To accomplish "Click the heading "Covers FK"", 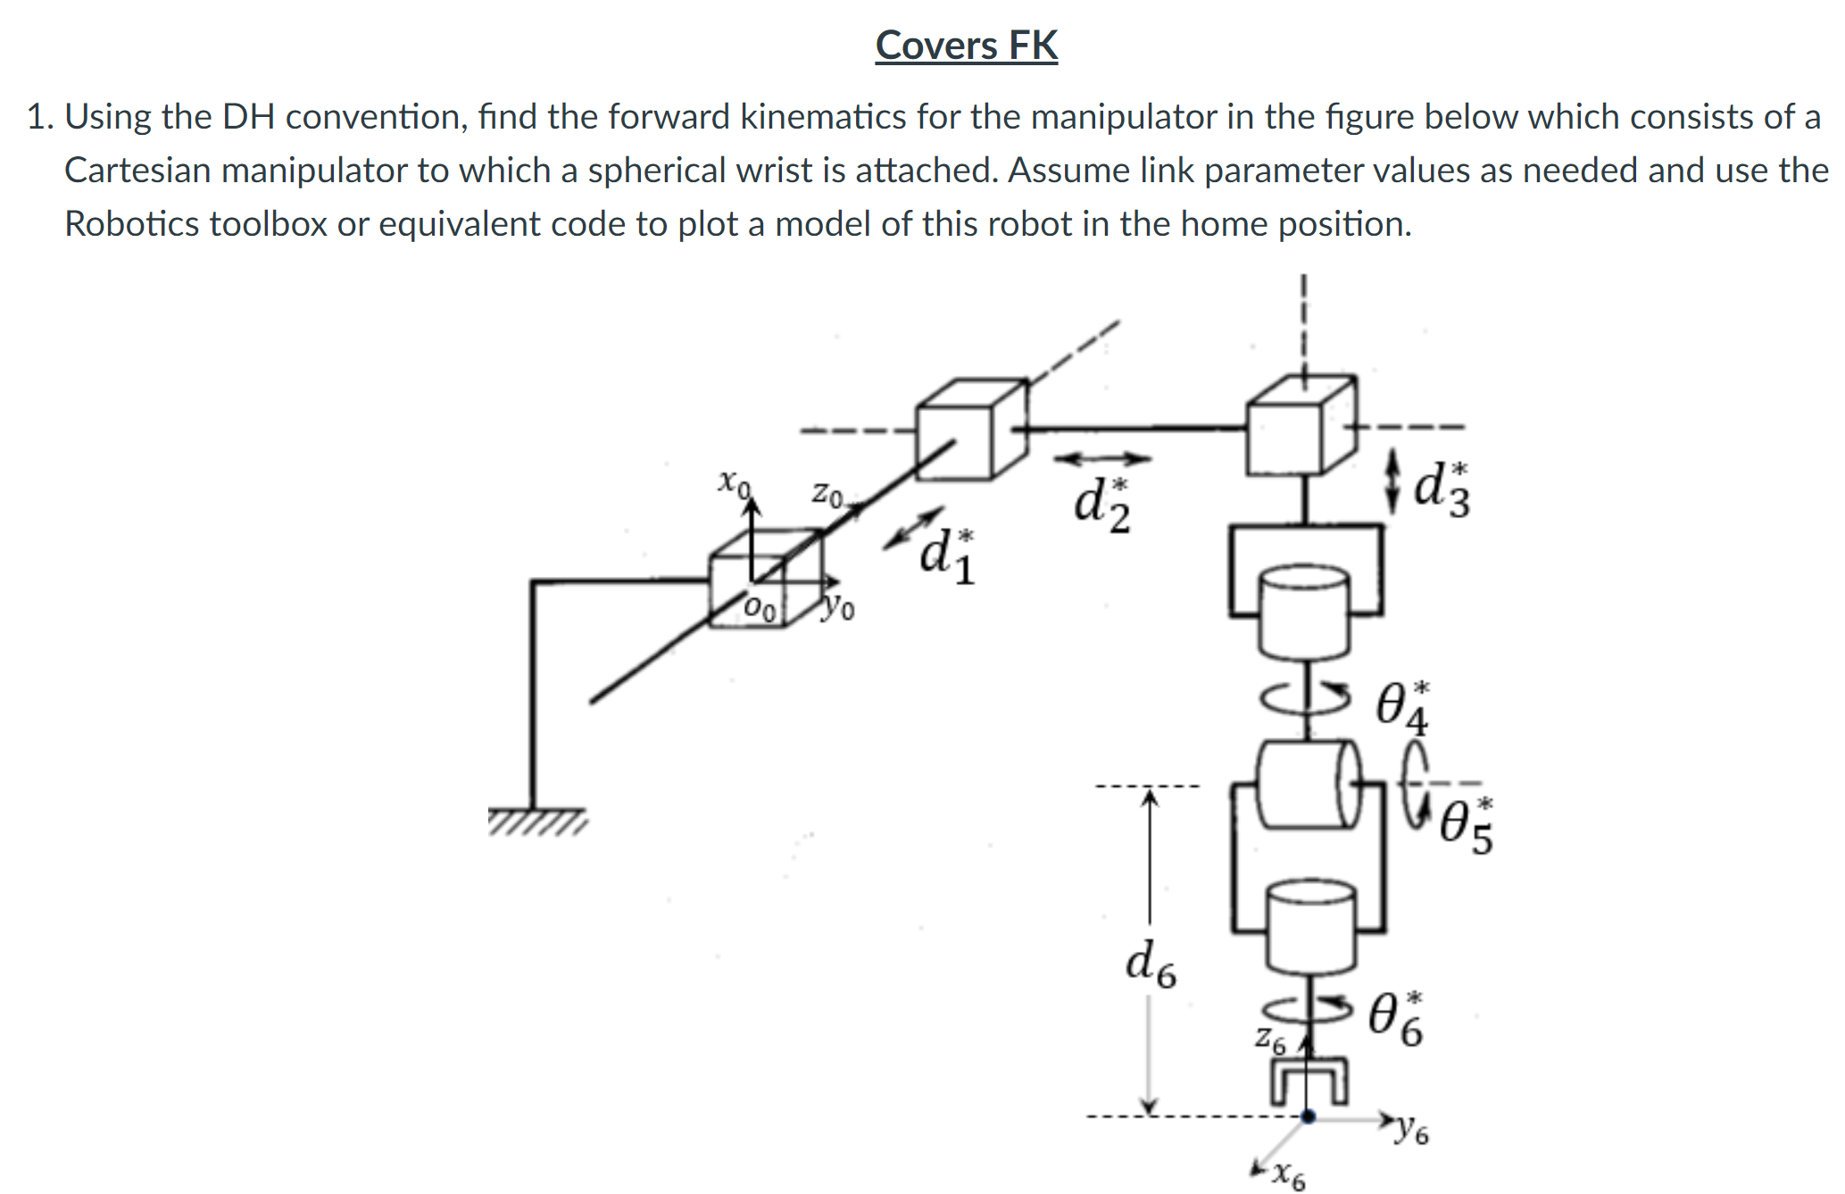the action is click(x=967, y=46).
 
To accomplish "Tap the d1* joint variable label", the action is click(x=948, y=555).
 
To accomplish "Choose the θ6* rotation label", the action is click(x=1397, y=1018).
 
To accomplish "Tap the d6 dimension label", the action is click(x=1151, y=964).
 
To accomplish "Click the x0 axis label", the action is click(x=734, y=483).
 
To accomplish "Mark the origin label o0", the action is click(x=760, y=609).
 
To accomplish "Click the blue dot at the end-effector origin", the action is click(x=1308, y=1116).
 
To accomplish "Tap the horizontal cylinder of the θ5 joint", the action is click(x=1309, y=784).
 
